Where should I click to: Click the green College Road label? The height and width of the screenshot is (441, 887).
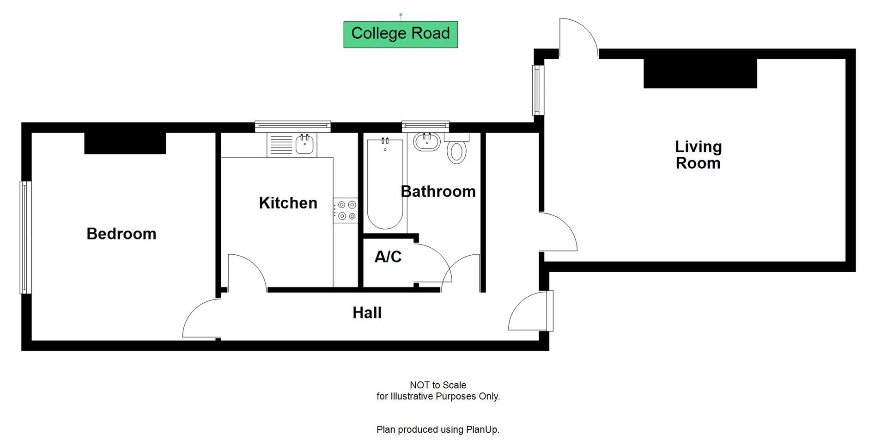(x=400, y=34)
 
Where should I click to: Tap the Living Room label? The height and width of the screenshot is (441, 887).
(x=698, y=155)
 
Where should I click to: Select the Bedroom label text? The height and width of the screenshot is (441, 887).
(x=121, y=234)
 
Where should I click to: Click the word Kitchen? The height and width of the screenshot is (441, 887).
(x=288, y=203)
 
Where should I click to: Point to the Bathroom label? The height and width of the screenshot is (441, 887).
(x=438, y=191)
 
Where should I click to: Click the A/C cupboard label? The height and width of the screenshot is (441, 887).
(x=388, y=257)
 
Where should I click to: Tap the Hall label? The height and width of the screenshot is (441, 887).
(x=367, y=313)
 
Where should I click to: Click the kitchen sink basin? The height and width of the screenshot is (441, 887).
(x=305, y=144)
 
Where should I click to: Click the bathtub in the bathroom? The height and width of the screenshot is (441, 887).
(x=385, y=185)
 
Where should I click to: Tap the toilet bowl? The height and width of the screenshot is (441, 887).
(x=457, y=152)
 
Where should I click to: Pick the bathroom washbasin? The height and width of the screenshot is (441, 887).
(x=426, y=141)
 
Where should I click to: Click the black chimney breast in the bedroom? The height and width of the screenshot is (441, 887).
(x=125, y=143)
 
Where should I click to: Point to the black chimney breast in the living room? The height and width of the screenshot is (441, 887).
(x=700, y=73)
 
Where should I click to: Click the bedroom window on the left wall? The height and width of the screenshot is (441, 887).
(x=25, y=237)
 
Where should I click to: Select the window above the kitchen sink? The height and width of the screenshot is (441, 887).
(x=292, y=125)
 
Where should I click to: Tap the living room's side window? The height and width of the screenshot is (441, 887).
(x=537, y=90)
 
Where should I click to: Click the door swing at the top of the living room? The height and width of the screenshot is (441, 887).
(x=579, y=37)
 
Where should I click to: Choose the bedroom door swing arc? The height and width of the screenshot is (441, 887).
(x=201, y=319)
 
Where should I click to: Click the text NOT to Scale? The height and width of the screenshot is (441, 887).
(x=437, y=385)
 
